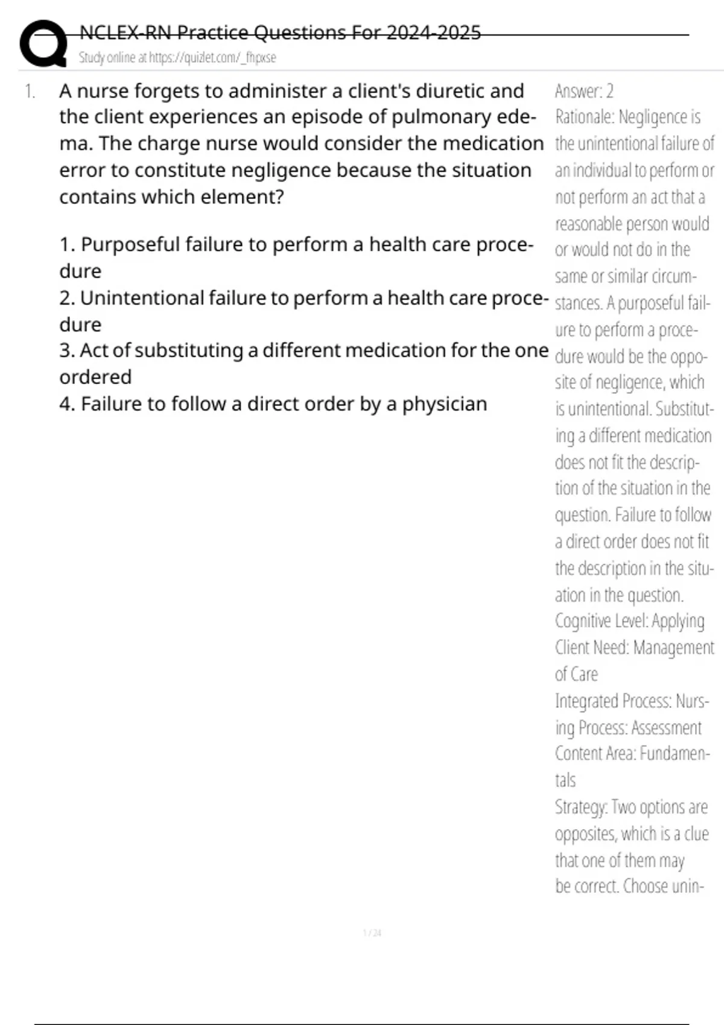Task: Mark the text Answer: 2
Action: (584, 92)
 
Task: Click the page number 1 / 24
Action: (372, 933)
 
